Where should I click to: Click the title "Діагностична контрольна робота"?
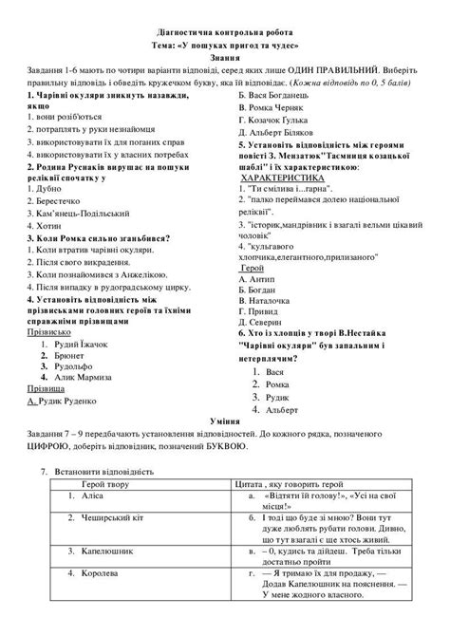[224, 30]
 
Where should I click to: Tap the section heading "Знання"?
[224, 57]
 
